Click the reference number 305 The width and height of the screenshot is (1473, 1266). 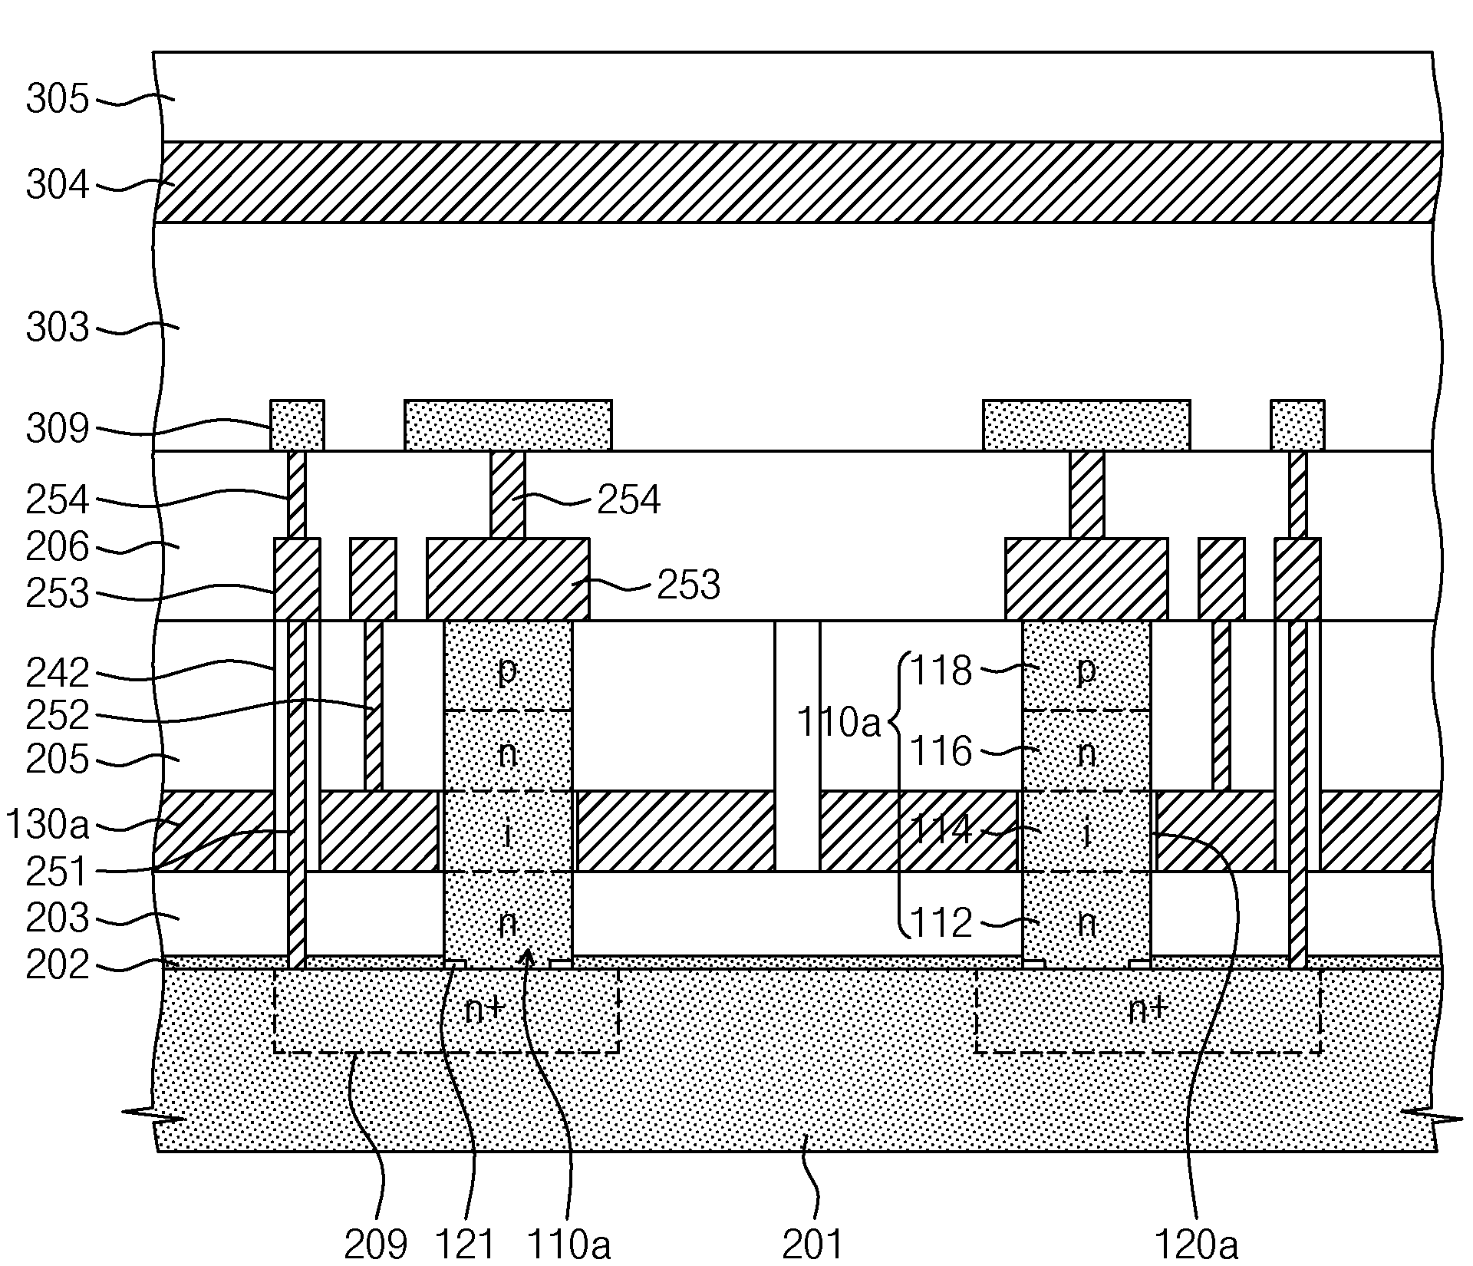pos(58,100)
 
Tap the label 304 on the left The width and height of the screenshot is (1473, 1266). pos(58,186)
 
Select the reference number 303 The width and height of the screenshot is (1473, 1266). pos(58,328)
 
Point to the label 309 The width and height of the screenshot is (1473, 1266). pos(58,429)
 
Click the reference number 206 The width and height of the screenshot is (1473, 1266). pos(58,548)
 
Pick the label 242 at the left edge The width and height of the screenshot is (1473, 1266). pos(58,674)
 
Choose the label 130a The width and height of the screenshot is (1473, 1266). pos(48,826)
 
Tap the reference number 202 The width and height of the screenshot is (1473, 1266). pos(58,965)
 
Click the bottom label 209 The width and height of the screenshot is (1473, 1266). pos(375,1243)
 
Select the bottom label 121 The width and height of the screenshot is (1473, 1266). pos(465,1243)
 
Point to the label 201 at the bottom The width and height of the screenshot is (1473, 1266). pos(813,1243)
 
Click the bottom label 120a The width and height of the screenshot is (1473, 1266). pos(1196,1243)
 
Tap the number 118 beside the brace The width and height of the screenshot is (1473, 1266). pos(941,671)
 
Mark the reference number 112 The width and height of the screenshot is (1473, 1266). pos(941,922)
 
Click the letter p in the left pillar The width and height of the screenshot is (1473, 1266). pos(507,671)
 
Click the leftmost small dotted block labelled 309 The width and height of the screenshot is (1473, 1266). pos(297,425)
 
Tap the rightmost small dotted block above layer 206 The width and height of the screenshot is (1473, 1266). pos(1297,425)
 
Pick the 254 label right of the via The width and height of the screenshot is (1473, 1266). pos(628,500)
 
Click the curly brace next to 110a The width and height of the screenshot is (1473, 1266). pos(898,796)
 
